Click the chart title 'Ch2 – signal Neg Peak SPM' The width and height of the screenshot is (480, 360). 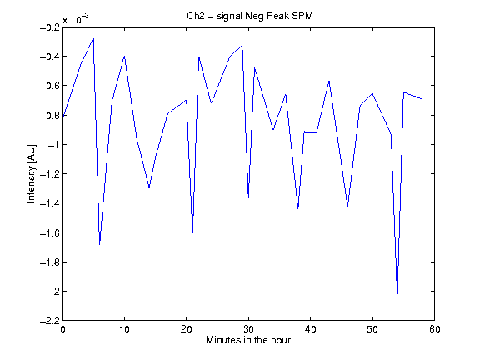[250, 16]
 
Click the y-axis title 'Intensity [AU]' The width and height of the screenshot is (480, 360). [31, 173]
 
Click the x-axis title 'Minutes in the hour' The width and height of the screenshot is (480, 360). [248, 340]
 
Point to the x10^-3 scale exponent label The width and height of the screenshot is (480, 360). [76, 19]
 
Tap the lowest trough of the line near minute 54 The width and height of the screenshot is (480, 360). [397, 297]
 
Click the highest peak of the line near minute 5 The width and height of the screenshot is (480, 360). [93, 38]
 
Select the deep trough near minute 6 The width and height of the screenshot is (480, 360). [99, 245]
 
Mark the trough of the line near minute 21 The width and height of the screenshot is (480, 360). [192, 235]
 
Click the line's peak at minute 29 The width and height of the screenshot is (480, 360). [242, 45]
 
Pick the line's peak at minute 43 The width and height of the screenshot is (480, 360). [329, 81]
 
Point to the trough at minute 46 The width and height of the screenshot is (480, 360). [347, 207]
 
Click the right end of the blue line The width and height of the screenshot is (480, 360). [422, 99]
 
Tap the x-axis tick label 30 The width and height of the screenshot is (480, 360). [248, 329]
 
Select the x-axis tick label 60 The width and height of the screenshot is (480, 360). [435, 329]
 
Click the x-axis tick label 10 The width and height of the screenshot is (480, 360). [124, 329]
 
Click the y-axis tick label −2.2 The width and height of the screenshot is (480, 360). [50, 321]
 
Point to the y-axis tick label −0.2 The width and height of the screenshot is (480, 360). [50, 27]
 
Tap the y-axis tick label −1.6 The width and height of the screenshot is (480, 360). [50, 233]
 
